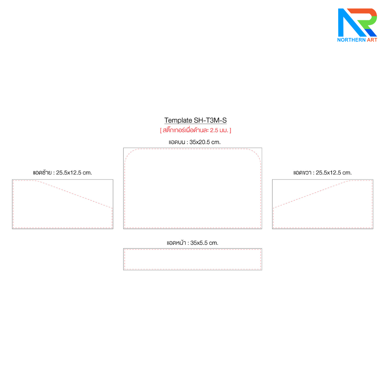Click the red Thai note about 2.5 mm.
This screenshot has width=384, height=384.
(195, 130)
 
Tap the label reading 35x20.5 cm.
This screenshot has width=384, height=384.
(195, 142)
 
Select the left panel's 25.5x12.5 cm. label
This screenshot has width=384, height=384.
(62, 172)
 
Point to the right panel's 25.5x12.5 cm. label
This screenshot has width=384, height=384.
(322, 172)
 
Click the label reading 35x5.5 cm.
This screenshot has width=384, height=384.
(192, 243)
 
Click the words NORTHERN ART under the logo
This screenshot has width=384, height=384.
(357, 40)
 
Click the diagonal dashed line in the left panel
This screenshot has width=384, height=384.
(74, 194)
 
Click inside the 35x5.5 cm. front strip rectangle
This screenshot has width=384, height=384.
(192, 259)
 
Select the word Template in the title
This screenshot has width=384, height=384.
(178, 120)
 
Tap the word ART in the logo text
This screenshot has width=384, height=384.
(371, 40)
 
